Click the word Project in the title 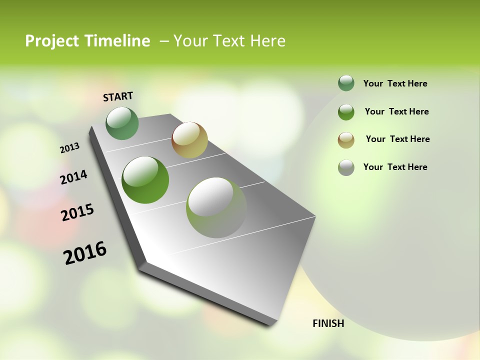tap(51, 41)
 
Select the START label tap(118, 96)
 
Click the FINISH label tap(328, 323)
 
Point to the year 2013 tap(69, 148)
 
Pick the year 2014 tap(74, 177)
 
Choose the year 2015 tap(77, 212)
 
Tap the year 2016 tap(85, 253)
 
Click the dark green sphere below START tap(122, 123)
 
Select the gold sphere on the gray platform tap(189, 140)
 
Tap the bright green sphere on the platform tap(145, 180)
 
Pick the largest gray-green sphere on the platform tap(216, 207)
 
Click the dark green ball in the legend tap(346, 83)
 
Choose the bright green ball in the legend tap(346, 112)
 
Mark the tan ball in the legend tap(346, 140)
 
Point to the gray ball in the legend tap(346, 167)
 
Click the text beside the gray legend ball tap(395, 167)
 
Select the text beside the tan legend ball tap(397, 139)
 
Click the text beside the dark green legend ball tap(395, 83)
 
